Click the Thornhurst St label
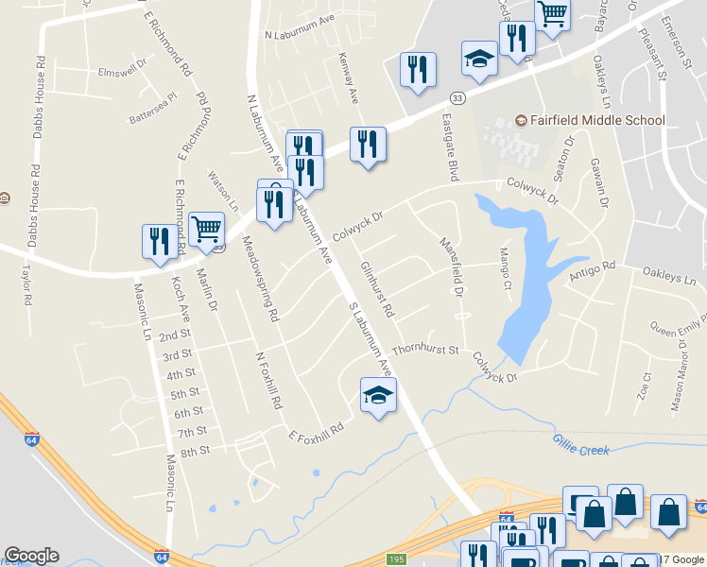point(425,351)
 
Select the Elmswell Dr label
point(123,71)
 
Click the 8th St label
point(195,452)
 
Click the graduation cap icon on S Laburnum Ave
point(378,397)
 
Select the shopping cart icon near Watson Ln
point(206,228)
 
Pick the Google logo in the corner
point(31,556)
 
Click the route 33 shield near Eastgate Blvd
point(457,97)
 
